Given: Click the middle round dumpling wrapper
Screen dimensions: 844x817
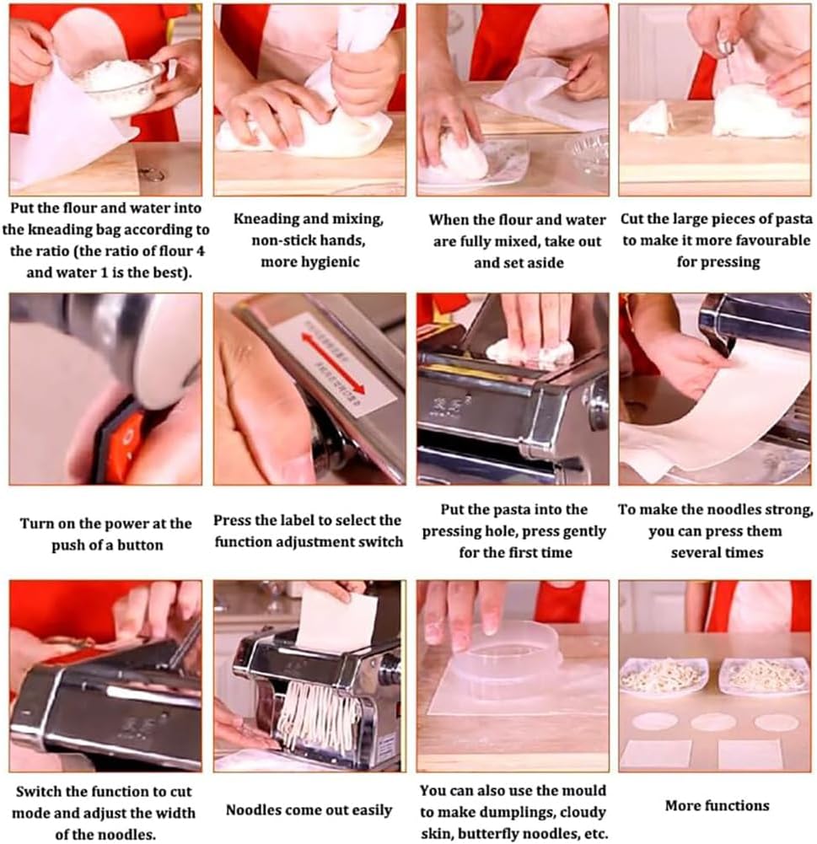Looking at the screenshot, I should tap(713, 722).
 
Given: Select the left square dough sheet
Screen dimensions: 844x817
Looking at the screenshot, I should tap(655, 753).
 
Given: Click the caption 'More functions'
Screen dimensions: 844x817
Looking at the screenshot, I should tap(717, 805).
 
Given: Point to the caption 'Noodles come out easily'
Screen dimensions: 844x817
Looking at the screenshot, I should tap(309, 810).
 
